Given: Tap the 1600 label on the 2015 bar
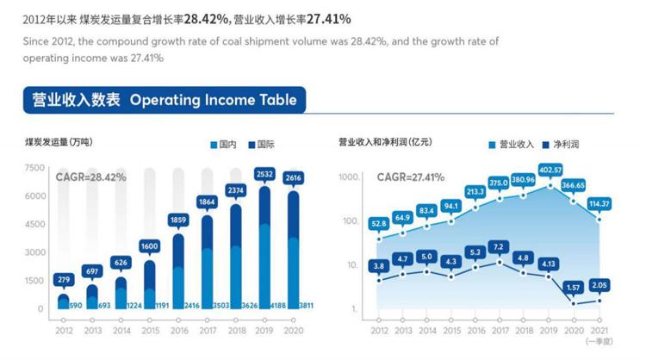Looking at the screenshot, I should click(x=149, y=245).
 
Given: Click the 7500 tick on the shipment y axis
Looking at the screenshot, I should click(x=34, y=168).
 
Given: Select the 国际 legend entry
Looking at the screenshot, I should click(x=260, y=145).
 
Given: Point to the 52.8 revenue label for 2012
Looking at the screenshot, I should click(x=379, y=224).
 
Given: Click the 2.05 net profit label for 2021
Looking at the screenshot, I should click(x=599, y=284).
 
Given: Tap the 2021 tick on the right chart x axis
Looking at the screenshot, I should click(x=599, y=330).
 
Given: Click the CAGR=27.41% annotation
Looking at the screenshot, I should click(x=410, y=177).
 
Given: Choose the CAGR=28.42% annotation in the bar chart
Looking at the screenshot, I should click(x=90, y=177).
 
